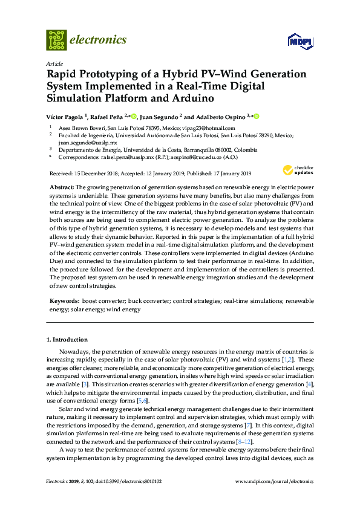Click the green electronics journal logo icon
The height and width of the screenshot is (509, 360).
click(56, 40)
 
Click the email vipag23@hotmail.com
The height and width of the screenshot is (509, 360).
click(191, 128)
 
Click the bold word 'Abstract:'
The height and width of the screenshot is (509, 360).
click(62, 188)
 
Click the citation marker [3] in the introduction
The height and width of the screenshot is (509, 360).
click(86, 384)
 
